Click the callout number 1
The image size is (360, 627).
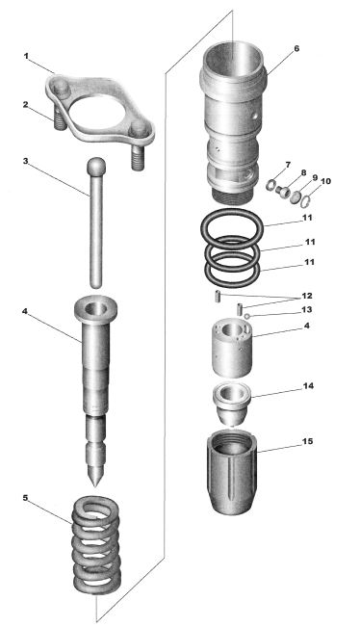point(26,57)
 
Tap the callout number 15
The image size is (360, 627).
point(308,441)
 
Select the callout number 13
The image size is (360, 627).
point(307,310)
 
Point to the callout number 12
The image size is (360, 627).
point(307,297)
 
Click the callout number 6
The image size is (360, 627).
point(296,48)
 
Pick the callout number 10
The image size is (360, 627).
point(325,181)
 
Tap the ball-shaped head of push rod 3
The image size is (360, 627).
point(96,166)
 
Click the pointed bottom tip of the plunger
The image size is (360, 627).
point(94,485)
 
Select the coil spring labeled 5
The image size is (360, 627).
point(96,545)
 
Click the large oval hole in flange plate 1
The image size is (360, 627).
point(96,112)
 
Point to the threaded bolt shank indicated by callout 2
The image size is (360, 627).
point(59,119)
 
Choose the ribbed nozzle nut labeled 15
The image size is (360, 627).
point(231,473)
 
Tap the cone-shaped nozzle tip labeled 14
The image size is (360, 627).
point(231,405)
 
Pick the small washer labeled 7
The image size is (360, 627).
point(270,186)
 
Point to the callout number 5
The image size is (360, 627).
point(26,498)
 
